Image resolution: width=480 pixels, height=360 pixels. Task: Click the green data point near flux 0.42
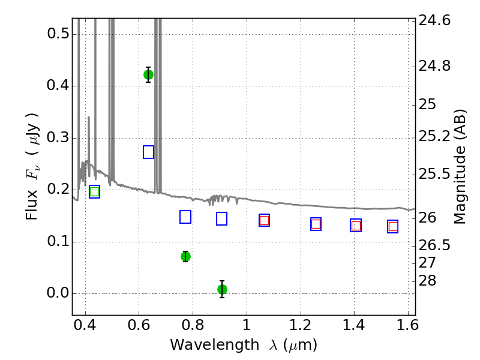(x=148, y=74)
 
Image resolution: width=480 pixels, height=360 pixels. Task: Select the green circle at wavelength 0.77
(x=185, y=256)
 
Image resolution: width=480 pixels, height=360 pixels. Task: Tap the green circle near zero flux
(x=222, y=289)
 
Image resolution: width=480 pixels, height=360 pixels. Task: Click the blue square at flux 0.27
(x=148, y=152)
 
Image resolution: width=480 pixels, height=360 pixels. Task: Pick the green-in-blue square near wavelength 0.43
(x=94, y=191)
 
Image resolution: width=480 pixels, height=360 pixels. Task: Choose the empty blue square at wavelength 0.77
(x=185, y=217)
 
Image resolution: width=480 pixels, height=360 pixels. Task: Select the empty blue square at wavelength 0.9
(x=221, y=218)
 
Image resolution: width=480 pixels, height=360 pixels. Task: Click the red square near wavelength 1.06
(x=264, y=220)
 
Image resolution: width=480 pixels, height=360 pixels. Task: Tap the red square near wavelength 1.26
(x=316, y=224)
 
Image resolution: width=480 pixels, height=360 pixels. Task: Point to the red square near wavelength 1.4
(x=356, y=226)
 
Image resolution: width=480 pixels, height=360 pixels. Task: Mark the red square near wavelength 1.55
(x=393, y=227)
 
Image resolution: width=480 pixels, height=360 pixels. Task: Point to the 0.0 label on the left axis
(x=58, y=293)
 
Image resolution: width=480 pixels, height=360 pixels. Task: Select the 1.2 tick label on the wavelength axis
(x=301, y=325)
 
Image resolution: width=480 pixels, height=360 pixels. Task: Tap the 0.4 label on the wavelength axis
(x=85, y=325)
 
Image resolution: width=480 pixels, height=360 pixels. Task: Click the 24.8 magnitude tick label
(x=434, y=66)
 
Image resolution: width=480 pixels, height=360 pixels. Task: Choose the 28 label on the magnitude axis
(x=427, y=280)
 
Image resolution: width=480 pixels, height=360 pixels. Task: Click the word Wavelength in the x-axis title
(x=215, y=345)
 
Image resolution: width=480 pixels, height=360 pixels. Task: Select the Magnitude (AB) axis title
(x=459, y=167)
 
